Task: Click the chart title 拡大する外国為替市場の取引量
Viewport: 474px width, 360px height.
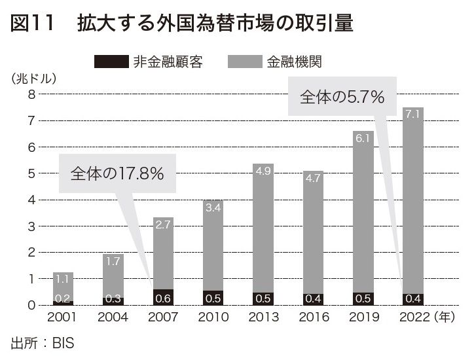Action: [x=215, y=24]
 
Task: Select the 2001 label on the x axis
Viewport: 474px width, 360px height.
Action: [x=64, y=318]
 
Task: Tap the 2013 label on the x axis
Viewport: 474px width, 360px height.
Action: [x=263, y=318]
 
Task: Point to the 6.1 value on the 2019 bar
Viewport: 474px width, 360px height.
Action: [x=363, y=139]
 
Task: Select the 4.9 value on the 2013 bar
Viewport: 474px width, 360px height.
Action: [x=263, y=171]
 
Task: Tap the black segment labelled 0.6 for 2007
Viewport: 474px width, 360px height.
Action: [x=164, y=298]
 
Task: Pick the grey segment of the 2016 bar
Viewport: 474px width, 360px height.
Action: [x=313, y=236]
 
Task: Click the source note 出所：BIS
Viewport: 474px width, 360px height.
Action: [x=43, y=343]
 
